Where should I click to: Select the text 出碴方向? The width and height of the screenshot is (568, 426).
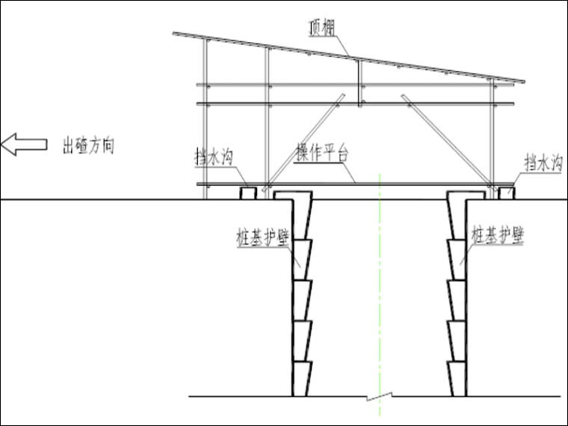pyautogui.click(x=88, y=144)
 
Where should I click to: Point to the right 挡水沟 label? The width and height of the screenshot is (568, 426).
pyautogui.click(x=542, y=161)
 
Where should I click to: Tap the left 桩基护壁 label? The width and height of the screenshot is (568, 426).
pyautogui.click(x=262, y=238)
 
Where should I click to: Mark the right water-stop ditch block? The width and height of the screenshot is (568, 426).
pyautogui.click(x=507, y=193)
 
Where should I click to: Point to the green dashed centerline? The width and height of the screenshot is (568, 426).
pyautogui.click(x=380, y=299)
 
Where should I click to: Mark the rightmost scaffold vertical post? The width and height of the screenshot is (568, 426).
pyautogui.click(x=492, y=135)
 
